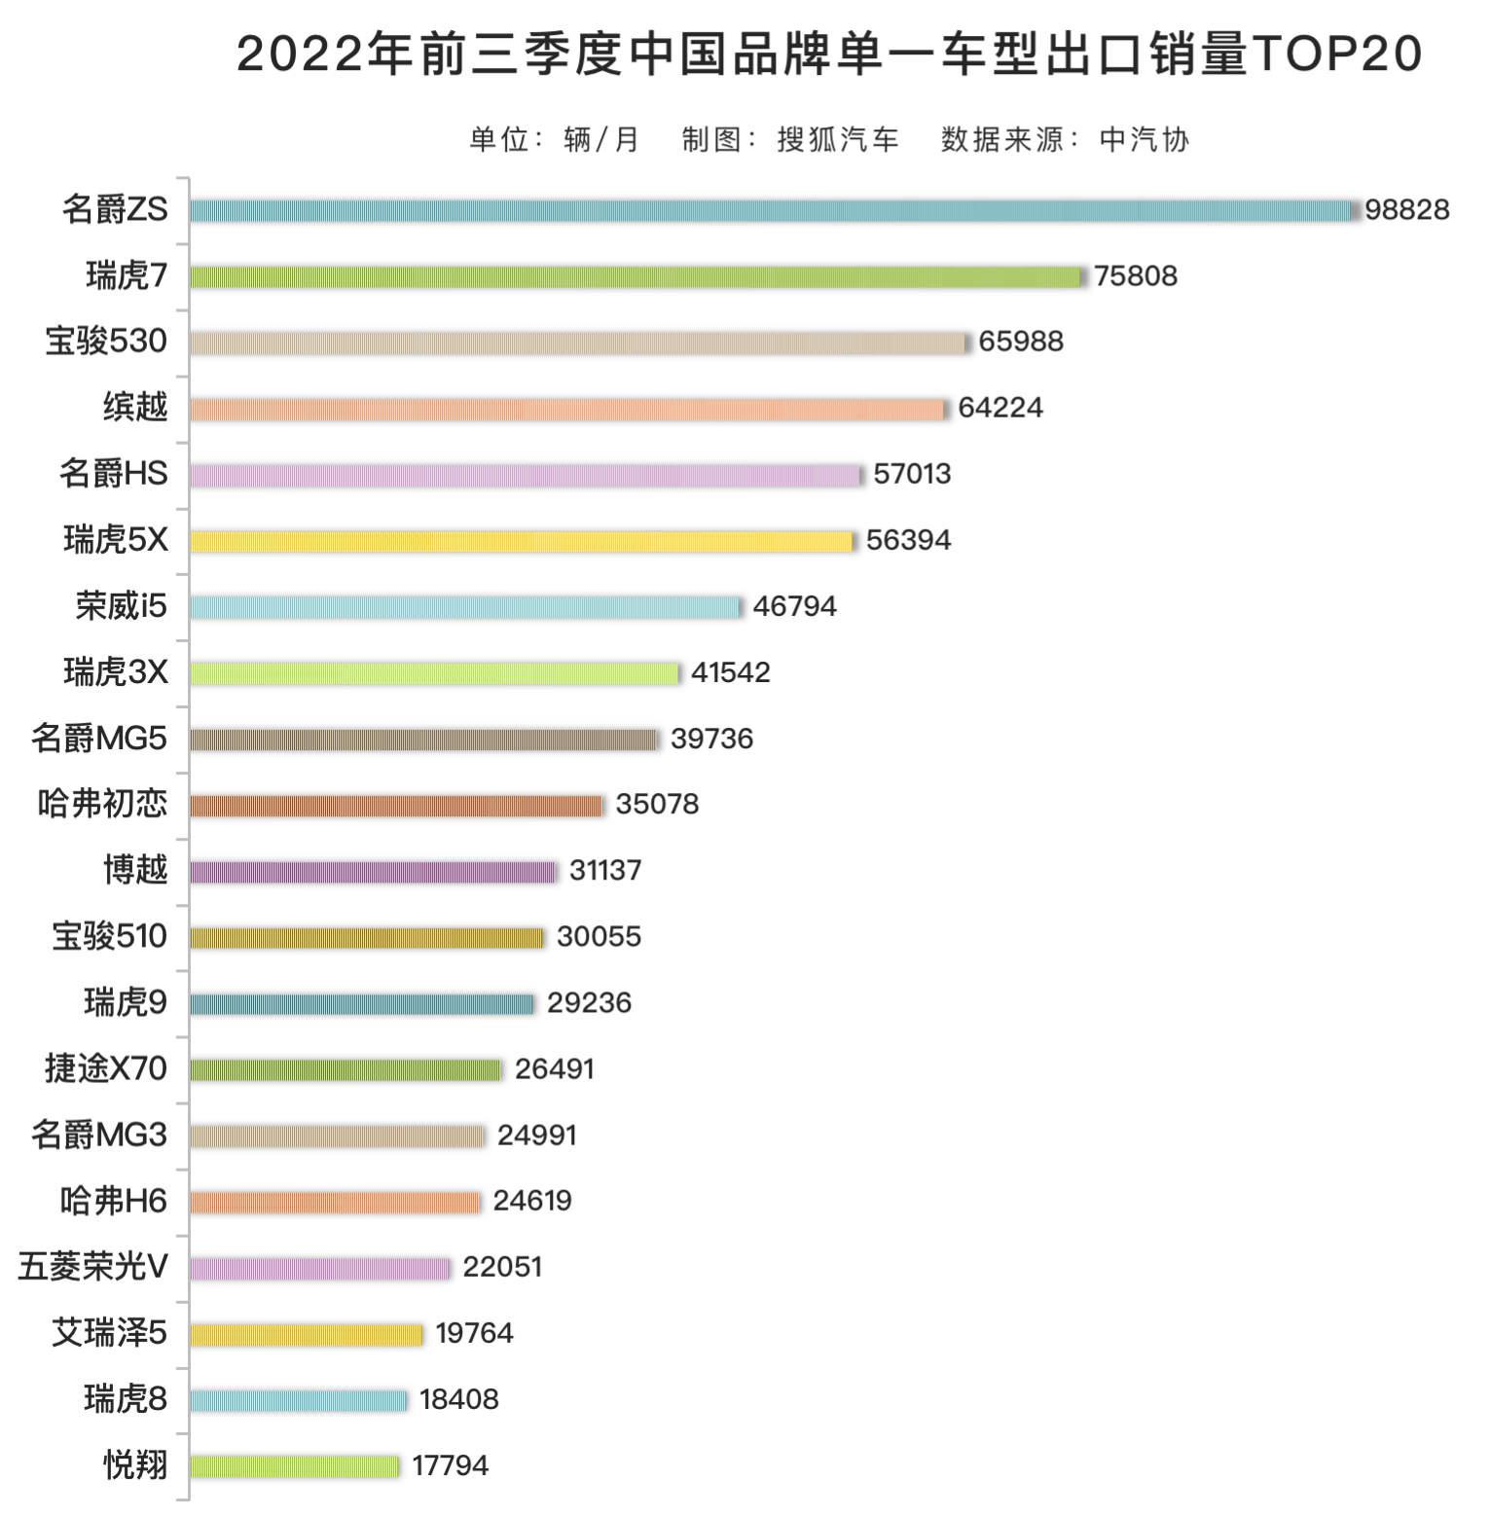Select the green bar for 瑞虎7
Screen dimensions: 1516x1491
(x=636, y=276)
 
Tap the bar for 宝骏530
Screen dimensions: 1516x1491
(x=578, y=343)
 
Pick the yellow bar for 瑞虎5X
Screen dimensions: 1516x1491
(x=521, y=541)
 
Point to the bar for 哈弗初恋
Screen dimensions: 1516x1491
(x=396, y=806)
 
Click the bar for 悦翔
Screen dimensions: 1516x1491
(x=295, y=1465)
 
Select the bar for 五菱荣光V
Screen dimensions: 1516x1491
(x=320, y=1268)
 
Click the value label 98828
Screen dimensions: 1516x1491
(x=1406, y=210)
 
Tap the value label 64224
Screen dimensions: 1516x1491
(x=1000, y=408)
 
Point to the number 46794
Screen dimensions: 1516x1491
(x=794, y=606)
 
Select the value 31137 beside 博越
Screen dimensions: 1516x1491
(x=604, y=871)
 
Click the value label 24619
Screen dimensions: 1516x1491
(x=531, y=1201)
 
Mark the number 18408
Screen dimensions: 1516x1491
(x=458, y=1399)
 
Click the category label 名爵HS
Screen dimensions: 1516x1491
(x=114, y=474)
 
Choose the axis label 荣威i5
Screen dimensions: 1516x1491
(x=122, y=606)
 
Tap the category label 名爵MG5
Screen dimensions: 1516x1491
(x=99, y=739)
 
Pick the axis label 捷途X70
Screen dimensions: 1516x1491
(x=106, y=1068)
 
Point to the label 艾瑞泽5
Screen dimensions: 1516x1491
(x=110, y=1333)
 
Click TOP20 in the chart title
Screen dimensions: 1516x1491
(x=1338, y=54)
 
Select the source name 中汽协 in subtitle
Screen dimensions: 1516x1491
(x=1144, y=140)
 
